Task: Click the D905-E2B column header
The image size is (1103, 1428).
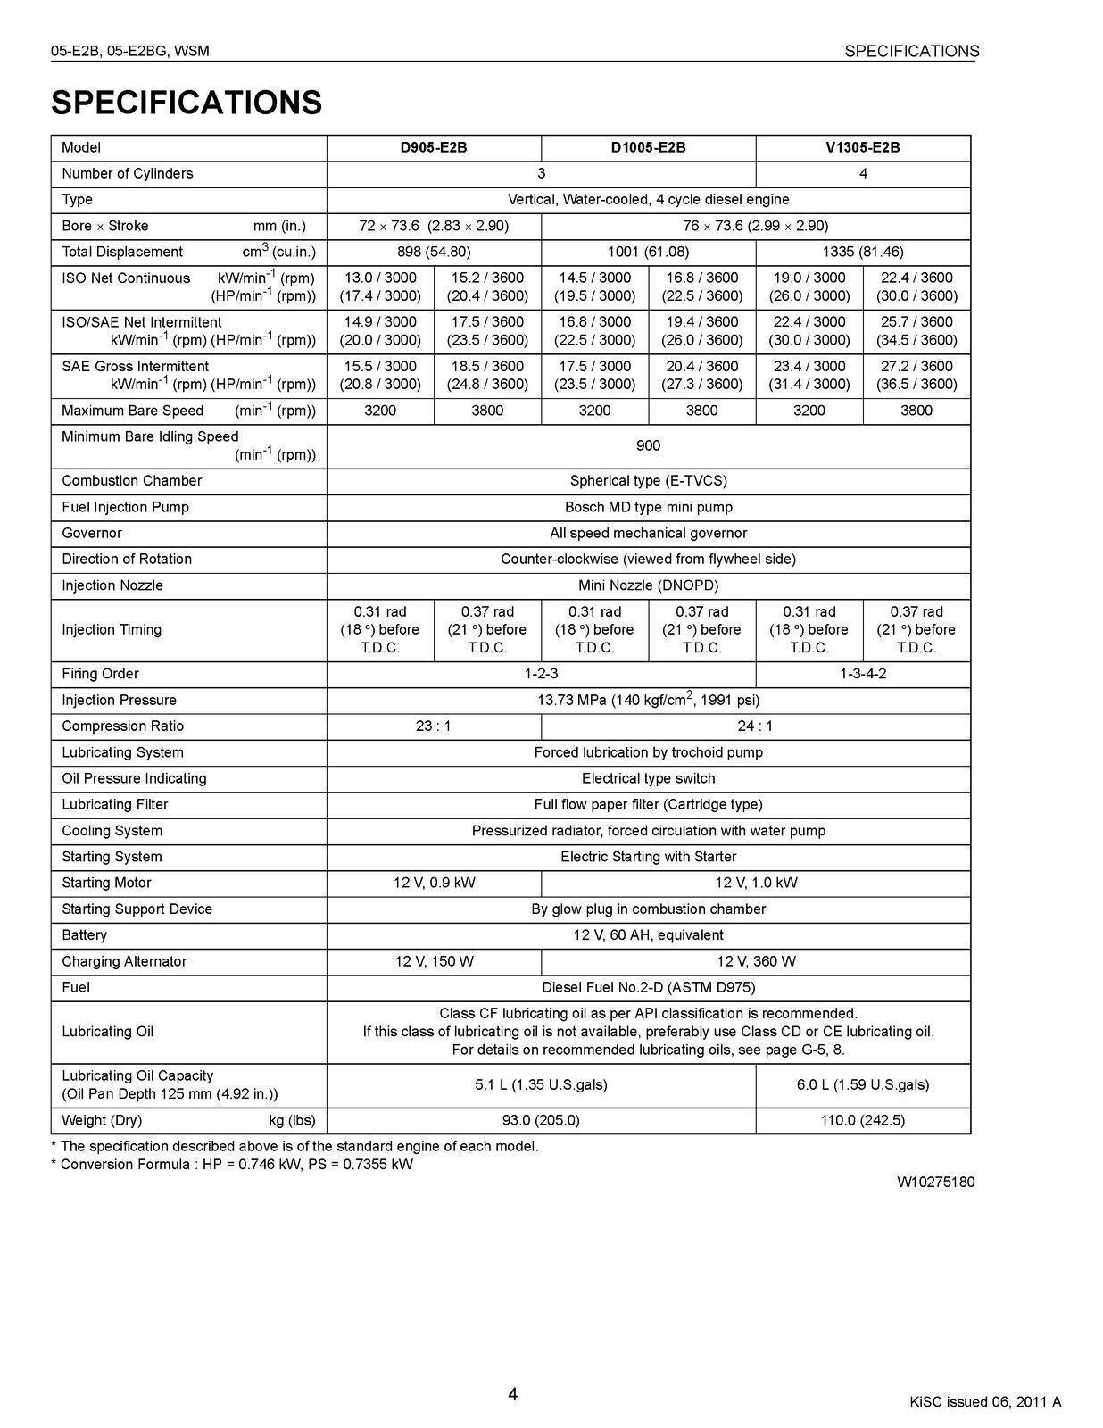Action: (x=433, y=147)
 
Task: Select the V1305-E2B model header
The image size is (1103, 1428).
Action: (x=862, y=147)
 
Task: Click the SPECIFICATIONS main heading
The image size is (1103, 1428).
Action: (x=187, y=103)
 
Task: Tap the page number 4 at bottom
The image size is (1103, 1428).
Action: (x=512, y=1394)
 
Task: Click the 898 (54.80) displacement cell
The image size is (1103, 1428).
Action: (x=433, y=252)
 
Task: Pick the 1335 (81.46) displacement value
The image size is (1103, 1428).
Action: (x=862, y=252)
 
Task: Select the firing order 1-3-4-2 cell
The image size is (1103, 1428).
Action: (x=862, y=674)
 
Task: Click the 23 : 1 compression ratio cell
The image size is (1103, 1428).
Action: (x=433, y=726)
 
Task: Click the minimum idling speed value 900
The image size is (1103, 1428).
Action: (x=648, y=445)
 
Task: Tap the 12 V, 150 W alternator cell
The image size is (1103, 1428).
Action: (x=434, y=961)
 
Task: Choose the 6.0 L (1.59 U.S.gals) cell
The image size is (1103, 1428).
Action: (x=862, y=1084)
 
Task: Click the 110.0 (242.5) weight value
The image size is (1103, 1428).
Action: (x=862, y=1120)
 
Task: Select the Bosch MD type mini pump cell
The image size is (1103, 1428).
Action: (x=648, y=507)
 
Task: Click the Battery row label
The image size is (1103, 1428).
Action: (x=85, y=935)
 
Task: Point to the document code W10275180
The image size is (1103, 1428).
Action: (x=935, y=1183)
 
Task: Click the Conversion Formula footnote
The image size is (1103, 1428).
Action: (x=232, y=1165)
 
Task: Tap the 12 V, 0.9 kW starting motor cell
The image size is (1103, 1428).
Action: (x=434, y=883)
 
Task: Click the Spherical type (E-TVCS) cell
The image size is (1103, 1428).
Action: (x=648, y=481)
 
